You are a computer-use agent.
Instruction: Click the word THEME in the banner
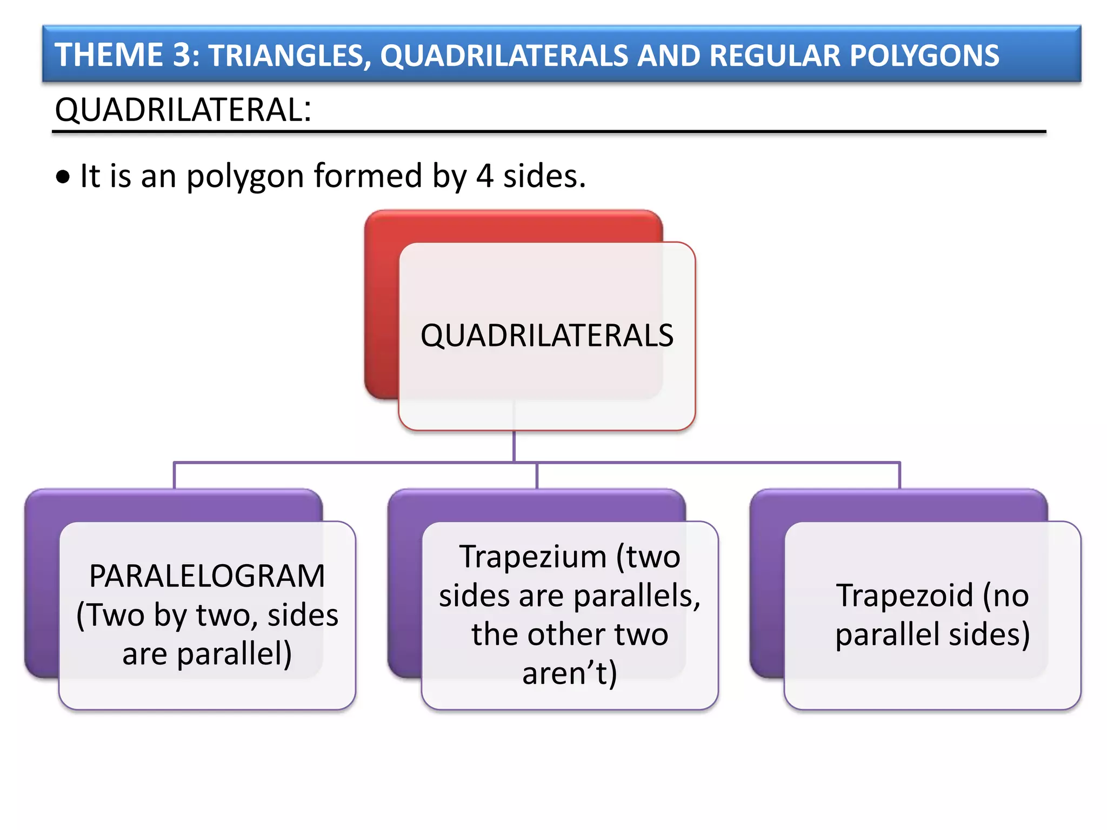[x=109, y=55]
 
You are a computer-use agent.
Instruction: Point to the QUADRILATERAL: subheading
[x=183, y=110]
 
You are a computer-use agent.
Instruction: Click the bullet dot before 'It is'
[x=63, y=177]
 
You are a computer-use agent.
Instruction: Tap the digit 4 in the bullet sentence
[x=484, y=176]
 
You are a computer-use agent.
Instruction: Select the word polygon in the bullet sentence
[x=245, y=177]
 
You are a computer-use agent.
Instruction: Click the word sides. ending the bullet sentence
[x=544, y=176]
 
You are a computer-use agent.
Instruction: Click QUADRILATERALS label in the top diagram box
[x=546, y=336]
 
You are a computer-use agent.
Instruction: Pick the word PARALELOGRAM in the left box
[x=207, y=576]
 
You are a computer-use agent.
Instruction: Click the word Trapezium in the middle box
[x=533, y=557]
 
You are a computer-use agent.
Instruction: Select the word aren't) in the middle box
[x=569, y=673]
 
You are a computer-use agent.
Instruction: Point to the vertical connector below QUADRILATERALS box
[x=514, y=446]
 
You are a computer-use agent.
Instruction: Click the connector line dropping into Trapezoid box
[x=899, y=476]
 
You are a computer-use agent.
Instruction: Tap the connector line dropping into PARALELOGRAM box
[x=174, y=476]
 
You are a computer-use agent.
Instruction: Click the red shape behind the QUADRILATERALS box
[x=381, y=303]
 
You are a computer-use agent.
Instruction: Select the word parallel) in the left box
[x=234, y=654]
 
